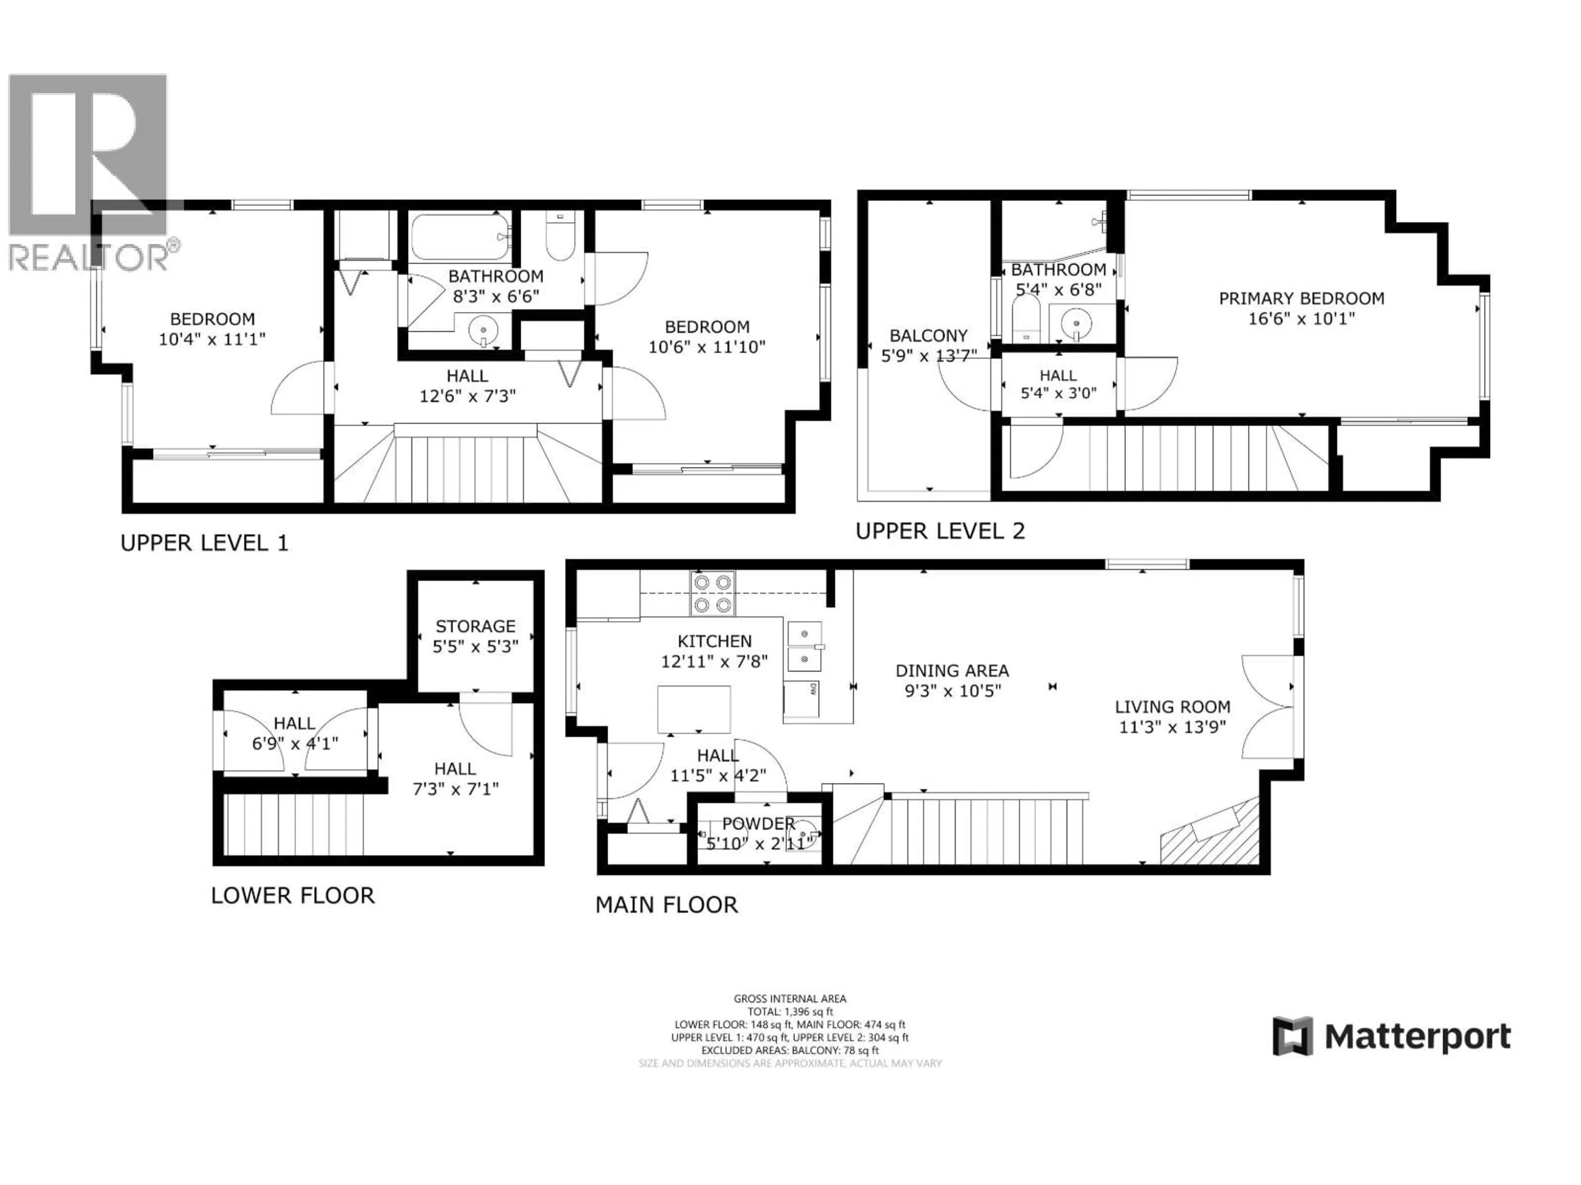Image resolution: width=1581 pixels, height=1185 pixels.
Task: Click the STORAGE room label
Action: [475, 626]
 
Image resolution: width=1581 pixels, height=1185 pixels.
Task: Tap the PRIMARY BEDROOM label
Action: [1301, 299]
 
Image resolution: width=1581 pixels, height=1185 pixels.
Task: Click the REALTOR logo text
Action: [89, 258]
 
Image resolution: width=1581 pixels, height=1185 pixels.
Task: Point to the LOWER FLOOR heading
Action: [292, 896]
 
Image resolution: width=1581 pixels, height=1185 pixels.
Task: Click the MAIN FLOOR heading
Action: [666, 905]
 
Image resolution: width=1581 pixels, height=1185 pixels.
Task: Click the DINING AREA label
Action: [952, 671]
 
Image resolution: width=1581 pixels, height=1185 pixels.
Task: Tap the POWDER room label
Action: [758, 824]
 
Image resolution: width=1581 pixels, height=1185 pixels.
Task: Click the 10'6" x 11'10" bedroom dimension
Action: [707, 347]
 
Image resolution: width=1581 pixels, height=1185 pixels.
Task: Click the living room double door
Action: [1269, 707]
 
